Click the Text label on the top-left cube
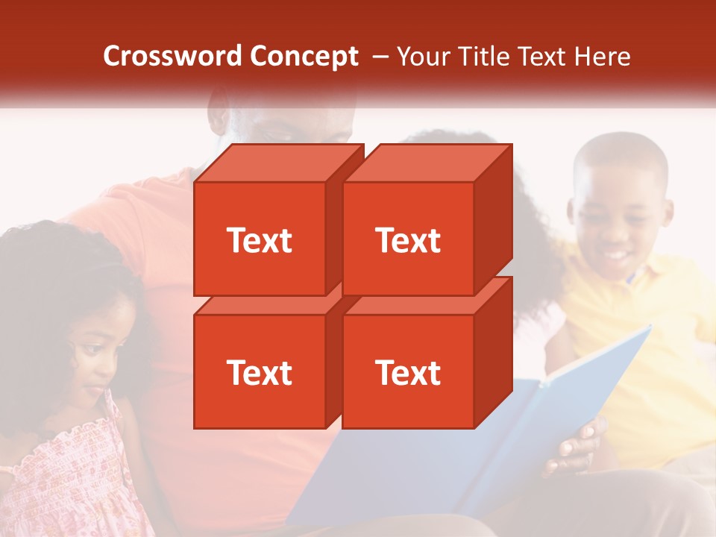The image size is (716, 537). point(259,240)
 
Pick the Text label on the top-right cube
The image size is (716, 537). point(407,240)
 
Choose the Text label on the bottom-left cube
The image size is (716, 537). point(259,372)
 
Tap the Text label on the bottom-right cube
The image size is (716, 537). point(407,372)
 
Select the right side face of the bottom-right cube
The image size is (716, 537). point(494,354)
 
